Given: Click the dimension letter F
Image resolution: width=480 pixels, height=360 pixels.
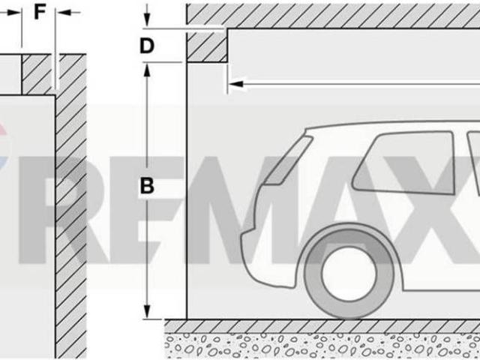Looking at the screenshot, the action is click(x=40, y=13).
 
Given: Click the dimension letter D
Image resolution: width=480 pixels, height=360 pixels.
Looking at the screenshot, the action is click(x=147, y=46).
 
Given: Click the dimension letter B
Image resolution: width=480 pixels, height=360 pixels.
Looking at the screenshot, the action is click(x=147, y=186).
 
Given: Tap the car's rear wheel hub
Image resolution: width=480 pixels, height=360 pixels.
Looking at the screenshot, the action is click(x=349, y=273).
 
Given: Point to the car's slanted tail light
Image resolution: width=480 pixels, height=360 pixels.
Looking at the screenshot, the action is click(x=289, y=161).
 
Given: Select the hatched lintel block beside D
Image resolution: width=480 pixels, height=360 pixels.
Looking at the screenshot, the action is click(x=207, y=46).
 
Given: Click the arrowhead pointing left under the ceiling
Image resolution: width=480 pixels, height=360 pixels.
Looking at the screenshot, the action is click(x=236, y=84).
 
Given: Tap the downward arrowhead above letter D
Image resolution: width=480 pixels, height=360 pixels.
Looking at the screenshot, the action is click(x=147, y=19).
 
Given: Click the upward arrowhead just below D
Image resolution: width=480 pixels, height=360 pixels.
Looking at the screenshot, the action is click(x=147, y=70).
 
